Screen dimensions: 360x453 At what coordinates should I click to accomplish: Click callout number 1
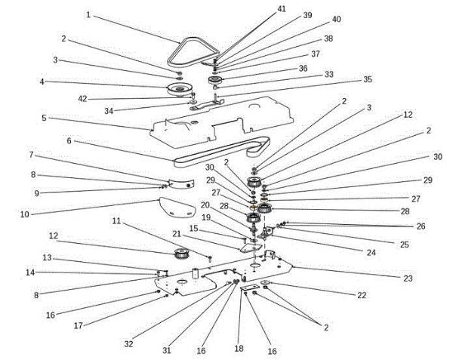pyautogui.click(x=88, y=14)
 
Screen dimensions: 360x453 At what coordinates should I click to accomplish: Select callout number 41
pyautogui.click(x=282, y=8)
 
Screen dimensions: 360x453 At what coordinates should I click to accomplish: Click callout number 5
pyautogui.click(x=45, y=118)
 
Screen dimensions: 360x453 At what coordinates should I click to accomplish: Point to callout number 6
pyautogui.click(x=69, y=140)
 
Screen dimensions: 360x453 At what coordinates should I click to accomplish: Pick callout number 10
pyautogui.click(x=24, y=214)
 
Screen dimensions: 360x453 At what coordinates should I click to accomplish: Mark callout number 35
pyautogui.click(x=368, y=78)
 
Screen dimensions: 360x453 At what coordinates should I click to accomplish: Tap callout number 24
pyautogui.click(x=371, y=252)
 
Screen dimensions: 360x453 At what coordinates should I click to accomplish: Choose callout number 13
pyautogui.click(x=47, y=258)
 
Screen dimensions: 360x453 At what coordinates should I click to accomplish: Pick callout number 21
pyautogui.click(x=176, y=234)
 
